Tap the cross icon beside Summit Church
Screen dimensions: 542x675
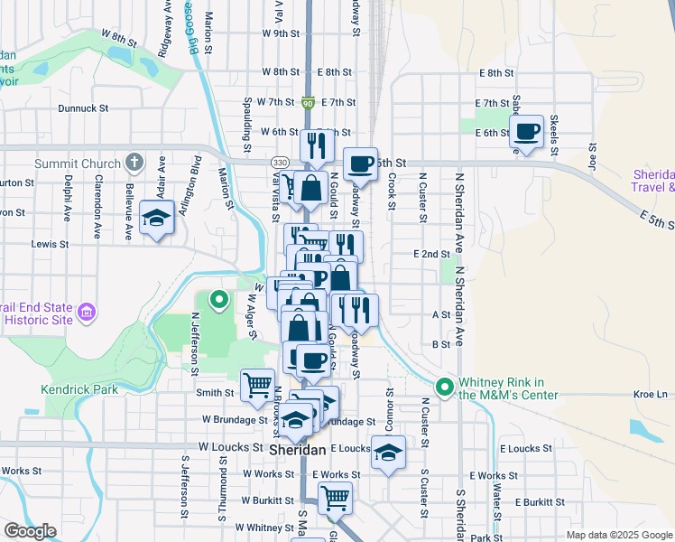(134, 164)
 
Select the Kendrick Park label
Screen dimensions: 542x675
(79, 389)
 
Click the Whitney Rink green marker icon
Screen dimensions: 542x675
(445, 388)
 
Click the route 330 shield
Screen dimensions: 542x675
(280, 161)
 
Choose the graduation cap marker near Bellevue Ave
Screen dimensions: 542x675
(156, 218)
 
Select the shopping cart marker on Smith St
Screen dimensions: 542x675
(257, 383)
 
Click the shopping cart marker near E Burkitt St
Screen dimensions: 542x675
(335, 497)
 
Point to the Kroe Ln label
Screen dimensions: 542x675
(650, 395)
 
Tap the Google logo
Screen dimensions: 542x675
(30, 531)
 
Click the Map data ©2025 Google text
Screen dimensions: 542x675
(618, 535)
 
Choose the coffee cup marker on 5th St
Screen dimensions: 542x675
(360, 164)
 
